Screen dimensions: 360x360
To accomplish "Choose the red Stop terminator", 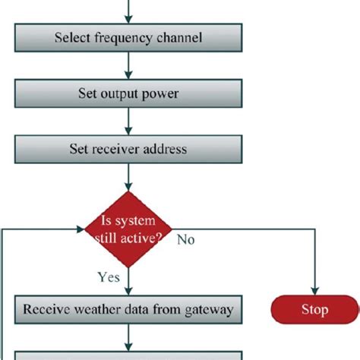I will (314, 310).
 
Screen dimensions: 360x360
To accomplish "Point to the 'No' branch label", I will (187, 240).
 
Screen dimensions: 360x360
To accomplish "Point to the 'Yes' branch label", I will (109, 278).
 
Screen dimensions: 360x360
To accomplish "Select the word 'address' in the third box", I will (164, 149).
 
